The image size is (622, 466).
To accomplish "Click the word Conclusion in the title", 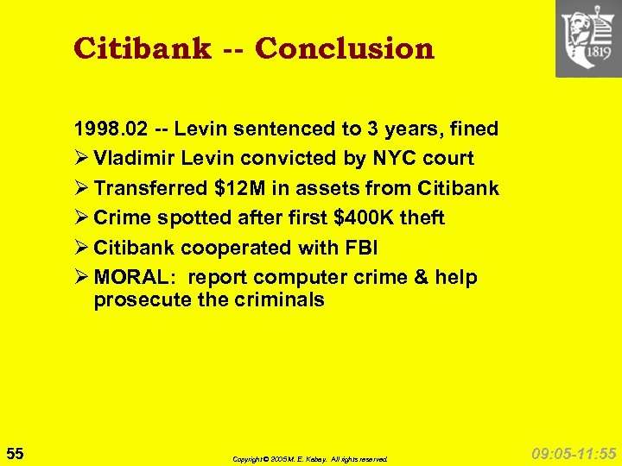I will [345, 48].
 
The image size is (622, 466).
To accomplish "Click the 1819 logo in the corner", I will [588, 39].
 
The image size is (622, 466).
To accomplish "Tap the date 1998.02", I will [111, 129].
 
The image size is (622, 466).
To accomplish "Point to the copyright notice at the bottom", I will [310, 459].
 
